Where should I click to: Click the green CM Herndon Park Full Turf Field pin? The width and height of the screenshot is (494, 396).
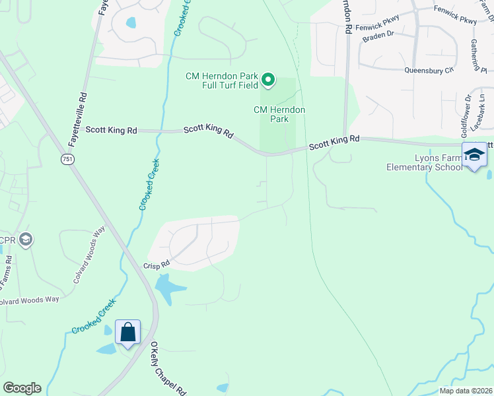pyautogui.click(x=268, y=81)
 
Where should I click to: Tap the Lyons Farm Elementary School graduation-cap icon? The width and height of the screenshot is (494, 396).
pyautogui.click(x=474, y=156)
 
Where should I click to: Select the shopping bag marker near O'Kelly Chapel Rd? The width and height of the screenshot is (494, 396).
pyautogui.click(x=127, y=331)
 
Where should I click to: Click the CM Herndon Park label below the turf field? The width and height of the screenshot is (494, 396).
pyautogui.click(x=280, y=114)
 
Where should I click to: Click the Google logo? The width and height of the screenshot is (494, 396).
pyautogui.click(x=22, y=388)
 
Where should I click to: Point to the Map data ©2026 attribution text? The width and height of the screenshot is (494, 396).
pyautogui.click(x=466, y=391)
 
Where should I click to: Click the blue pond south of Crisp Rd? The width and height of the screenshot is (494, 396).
pyautogui.click(x=168, y=288)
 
